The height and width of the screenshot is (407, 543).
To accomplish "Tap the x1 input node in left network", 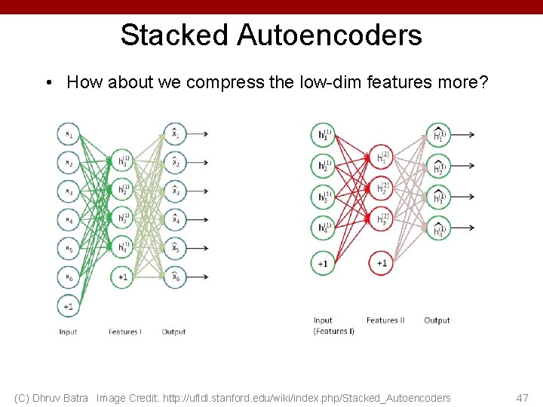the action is pos(69,135).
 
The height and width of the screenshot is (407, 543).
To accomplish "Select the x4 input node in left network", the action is pos(69,220).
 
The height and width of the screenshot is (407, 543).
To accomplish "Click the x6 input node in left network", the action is pos(69,277).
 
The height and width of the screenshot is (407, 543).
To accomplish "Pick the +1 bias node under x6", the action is pos(69,306).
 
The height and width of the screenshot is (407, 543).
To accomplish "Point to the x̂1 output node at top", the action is pos(174,135).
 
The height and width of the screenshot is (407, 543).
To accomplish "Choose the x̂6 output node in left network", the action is pos(174,277).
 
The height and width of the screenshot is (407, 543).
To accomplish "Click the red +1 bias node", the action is pos(382,263).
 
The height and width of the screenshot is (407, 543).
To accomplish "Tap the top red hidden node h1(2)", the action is pos(382,158).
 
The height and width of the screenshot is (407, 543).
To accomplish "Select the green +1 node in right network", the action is pos(323,263).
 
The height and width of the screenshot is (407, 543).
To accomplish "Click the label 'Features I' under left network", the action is pos(124,332).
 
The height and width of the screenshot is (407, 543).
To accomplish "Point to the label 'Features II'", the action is pos(385,320).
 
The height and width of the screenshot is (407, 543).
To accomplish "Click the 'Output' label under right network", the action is pos(437,320).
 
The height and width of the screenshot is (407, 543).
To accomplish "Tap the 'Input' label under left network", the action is pos(68,332).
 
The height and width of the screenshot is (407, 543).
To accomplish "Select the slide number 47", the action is pos(522,398).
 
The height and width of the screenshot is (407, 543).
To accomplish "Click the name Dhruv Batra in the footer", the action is pos(63,398).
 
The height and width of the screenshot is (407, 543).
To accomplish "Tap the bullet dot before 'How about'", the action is pos(48,83).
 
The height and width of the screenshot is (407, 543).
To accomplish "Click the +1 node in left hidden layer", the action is pos(121,277).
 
